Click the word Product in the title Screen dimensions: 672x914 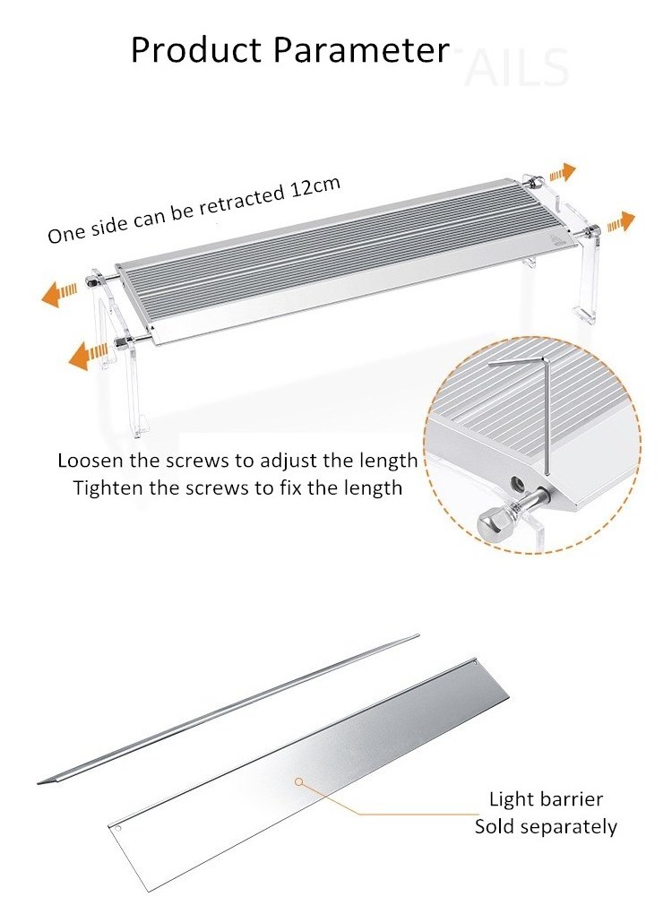coord(197,50)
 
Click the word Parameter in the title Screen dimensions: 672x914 coord(361,50)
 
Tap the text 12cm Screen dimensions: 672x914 coord(315,187)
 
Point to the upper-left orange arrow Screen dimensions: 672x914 coord(60,291)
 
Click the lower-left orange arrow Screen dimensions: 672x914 coord(89,354)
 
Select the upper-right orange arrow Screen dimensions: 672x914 coord(561,173)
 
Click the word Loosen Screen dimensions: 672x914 coord(90,461)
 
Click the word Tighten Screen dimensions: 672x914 coord(108,487)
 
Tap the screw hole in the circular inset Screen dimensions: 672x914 coord(515,483)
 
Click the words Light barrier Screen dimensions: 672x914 coord(546,798)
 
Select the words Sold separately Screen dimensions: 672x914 coord(546,827)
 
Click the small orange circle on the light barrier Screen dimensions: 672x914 coord(299,781)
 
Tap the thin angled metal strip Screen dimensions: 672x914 coord(228,709)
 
